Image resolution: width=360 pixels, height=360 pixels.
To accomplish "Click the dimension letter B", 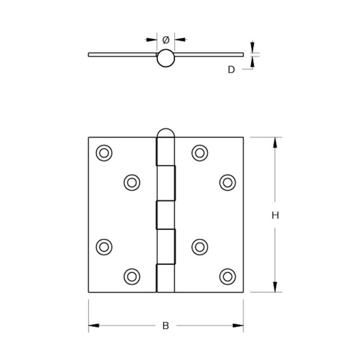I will pyautogui.click(x=166, y=325).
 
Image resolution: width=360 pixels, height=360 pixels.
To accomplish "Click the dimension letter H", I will pyautogui.click(x=275, y=215).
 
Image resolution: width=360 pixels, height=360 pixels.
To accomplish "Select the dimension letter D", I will pyautogui.click(x=231, y=70).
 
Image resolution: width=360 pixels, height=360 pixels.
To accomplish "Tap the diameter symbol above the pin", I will pyautogui.click(x=166, y=40).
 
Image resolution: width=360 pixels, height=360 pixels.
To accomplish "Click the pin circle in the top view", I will pyautogui.click(x=166, y=58).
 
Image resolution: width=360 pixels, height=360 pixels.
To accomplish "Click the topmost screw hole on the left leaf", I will pyautogui.click(x=104, y=153).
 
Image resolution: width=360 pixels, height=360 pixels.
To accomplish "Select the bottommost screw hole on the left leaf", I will pyautogui.click(x=132, y=276).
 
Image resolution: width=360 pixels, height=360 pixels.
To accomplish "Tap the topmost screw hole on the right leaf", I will pyautogui.click(x=199, y=153).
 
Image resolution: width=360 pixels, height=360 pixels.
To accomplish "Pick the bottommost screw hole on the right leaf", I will pyautogui.click(x=227, y=276).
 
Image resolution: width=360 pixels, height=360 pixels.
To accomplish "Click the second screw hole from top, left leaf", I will pyautogui.click(x=132, y=182).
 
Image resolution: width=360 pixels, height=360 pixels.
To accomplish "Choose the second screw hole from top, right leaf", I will pyautogui.click(x=227, y=182).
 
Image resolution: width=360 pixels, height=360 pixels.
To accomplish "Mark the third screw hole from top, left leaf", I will pyautogui.click(x=104, y=247).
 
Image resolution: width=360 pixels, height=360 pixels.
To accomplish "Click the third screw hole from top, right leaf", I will pyautogui.click(x=199, y=247).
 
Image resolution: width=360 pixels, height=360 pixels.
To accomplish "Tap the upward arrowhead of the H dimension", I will pyautogui.click(x=275, y=143).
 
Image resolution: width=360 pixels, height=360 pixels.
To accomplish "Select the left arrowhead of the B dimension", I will pyautogui.click(x=94, y=325).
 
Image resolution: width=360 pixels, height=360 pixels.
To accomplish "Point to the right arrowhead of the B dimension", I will pyautogui.click(x=238, y=325).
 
